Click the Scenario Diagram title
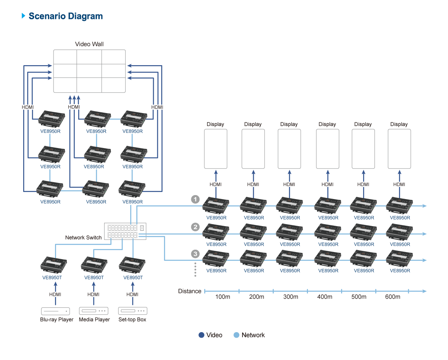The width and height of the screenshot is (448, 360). [x=65, y=16]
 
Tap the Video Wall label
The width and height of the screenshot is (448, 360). [x=89, y=44]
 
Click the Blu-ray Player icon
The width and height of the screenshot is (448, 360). [x=55, y=311]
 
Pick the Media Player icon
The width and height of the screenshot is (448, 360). [x=94, y=311]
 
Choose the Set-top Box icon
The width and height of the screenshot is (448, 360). [x=132, y=311]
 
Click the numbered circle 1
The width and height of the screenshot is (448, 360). [x=195, y=199]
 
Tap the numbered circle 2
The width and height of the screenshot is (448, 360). [x=195, y=227]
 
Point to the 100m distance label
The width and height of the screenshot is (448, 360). [x=222, y=297]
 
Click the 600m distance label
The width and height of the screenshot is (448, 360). [x=393, y=297]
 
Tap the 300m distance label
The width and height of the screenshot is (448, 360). [x=290, y=297]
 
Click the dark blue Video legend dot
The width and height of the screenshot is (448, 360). [x=202, y=335]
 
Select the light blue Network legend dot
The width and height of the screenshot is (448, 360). [x=236, y=335]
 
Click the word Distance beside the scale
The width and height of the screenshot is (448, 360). [x=189, y=291]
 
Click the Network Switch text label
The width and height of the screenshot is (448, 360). [x=83, y=238]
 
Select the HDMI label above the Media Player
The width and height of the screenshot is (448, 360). [x=94, y=294]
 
